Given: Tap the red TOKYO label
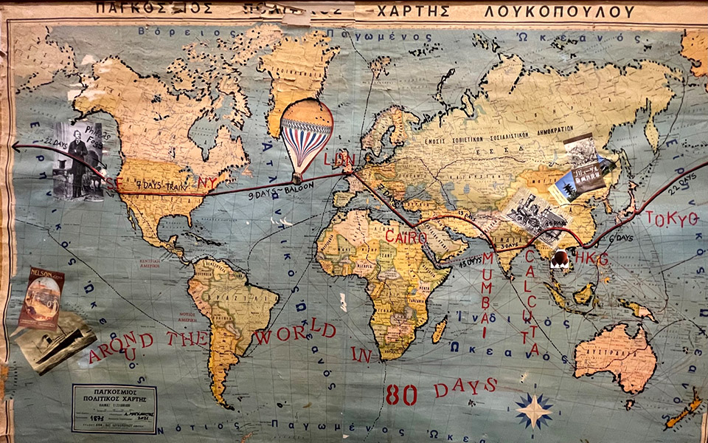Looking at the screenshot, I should [670, 219].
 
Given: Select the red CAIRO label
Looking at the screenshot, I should [406, 237].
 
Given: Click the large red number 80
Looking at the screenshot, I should [401, 394].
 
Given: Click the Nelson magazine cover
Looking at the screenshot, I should [41, 297].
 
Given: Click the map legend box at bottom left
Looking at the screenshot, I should [114, 408].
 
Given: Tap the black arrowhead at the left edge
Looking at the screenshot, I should [15, 147].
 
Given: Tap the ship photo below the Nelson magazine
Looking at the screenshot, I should [55, 341].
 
